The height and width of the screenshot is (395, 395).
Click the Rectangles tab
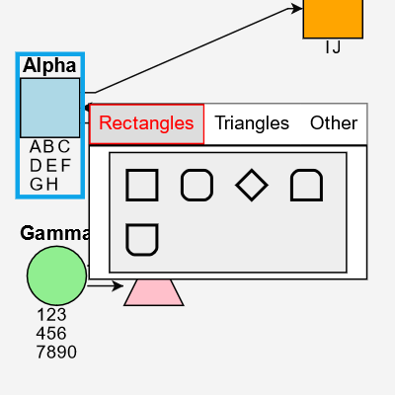(x=147, y=124)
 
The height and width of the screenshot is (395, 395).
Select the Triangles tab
(x=252, y=124)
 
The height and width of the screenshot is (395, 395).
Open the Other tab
(x=334, y=124)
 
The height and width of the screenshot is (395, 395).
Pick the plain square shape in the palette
(x=142, y=186)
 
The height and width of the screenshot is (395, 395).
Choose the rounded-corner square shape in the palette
(x=197, y=186)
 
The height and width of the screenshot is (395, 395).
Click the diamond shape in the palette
(x=252, y=186)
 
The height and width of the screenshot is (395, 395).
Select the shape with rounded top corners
(x=306, y=186)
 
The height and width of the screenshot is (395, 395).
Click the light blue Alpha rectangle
(x=49, y=108)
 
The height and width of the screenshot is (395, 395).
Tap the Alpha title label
(x=49, y=66)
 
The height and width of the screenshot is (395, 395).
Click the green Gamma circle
(x=56, y=276)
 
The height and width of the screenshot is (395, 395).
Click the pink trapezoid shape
(x=153, y=292)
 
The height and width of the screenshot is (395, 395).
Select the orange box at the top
(x=333, y=17)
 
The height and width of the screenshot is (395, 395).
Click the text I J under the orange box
(x=333, y=47)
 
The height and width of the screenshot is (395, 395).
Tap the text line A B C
(x=49, y=147)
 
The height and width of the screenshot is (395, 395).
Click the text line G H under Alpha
(x=43, y=184)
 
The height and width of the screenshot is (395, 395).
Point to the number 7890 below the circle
(x=55, y=353)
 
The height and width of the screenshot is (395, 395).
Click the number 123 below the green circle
(x=51, y=315)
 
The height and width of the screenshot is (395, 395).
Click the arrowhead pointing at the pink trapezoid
(x=118, y=286)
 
